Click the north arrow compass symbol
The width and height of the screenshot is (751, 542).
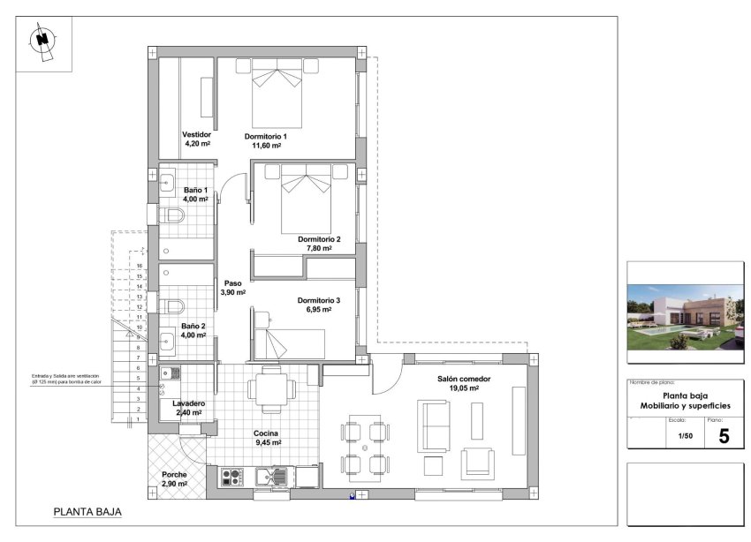[x=42, y=40]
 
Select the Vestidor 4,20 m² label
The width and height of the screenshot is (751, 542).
[x=197, y=139]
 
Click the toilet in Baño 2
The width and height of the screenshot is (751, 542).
[x=172, y=306]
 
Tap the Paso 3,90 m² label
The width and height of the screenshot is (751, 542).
[x=232, y=288]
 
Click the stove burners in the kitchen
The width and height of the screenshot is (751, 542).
[x=231, y=478]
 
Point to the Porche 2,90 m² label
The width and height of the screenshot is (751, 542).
[x=174, y=479]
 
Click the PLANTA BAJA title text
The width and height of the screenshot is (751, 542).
[x=87, y=512]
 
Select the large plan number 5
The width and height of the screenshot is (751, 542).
[x=724, y=436]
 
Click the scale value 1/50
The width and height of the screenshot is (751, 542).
[x=685, y=436]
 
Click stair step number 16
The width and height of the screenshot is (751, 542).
[x=140, y=266]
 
